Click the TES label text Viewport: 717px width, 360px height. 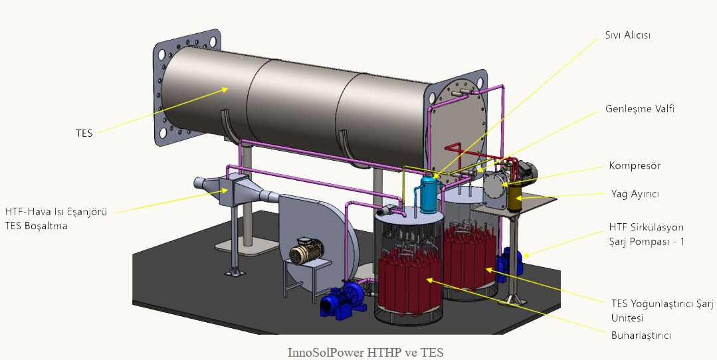(x=84, y=134)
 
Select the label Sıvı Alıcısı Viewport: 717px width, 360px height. (x=627, y=35)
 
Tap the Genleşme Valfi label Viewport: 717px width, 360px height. (x=640, y=109)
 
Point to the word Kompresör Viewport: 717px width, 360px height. (x=635, y=165)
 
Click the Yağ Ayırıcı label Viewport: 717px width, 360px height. (x=635, y=194)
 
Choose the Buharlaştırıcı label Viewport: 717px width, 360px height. (x=641, y=335)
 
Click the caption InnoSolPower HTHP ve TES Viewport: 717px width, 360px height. (x=365, y=353)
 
